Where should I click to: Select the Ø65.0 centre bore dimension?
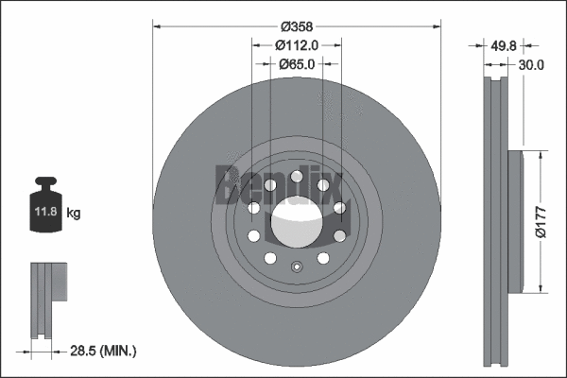297,63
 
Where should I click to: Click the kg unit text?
74,214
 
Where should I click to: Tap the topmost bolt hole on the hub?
297,176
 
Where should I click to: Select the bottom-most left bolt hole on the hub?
269,257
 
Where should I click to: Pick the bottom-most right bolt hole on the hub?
323,257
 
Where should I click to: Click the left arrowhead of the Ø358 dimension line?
158,25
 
